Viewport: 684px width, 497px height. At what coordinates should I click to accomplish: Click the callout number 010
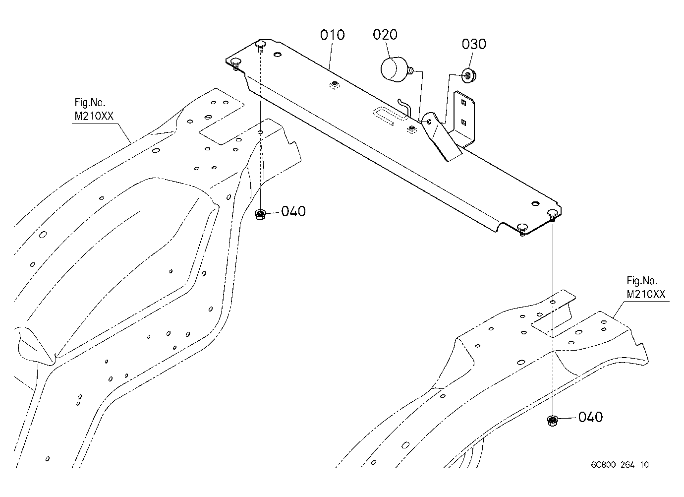click(332, 35)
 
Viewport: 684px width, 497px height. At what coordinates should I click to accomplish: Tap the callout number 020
click(385, 35)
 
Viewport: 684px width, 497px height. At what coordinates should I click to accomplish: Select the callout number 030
click(474, 44)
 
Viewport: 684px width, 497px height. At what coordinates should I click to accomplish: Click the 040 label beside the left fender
click(293, 211)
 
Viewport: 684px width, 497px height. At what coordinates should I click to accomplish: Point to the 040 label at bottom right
click(590, 417)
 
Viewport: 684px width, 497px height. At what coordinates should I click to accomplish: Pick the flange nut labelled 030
click(469, 75)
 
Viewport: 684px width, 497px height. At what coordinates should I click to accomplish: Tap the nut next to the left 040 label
click(260, 215)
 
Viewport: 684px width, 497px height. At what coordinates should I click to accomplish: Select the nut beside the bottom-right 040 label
click(552, 421)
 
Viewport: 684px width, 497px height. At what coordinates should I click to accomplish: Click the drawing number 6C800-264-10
click(620, 465)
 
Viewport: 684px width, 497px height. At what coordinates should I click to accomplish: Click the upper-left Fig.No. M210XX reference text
click(94, 109)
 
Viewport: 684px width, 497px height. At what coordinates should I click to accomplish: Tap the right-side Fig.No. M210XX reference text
click(646, 288)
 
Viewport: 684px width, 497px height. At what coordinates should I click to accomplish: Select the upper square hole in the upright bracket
click(463, 102)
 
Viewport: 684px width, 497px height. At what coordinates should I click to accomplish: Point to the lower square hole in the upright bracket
click(463, 123)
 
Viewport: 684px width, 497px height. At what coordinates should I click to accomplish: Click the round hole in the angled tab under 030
click(429, 122)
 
